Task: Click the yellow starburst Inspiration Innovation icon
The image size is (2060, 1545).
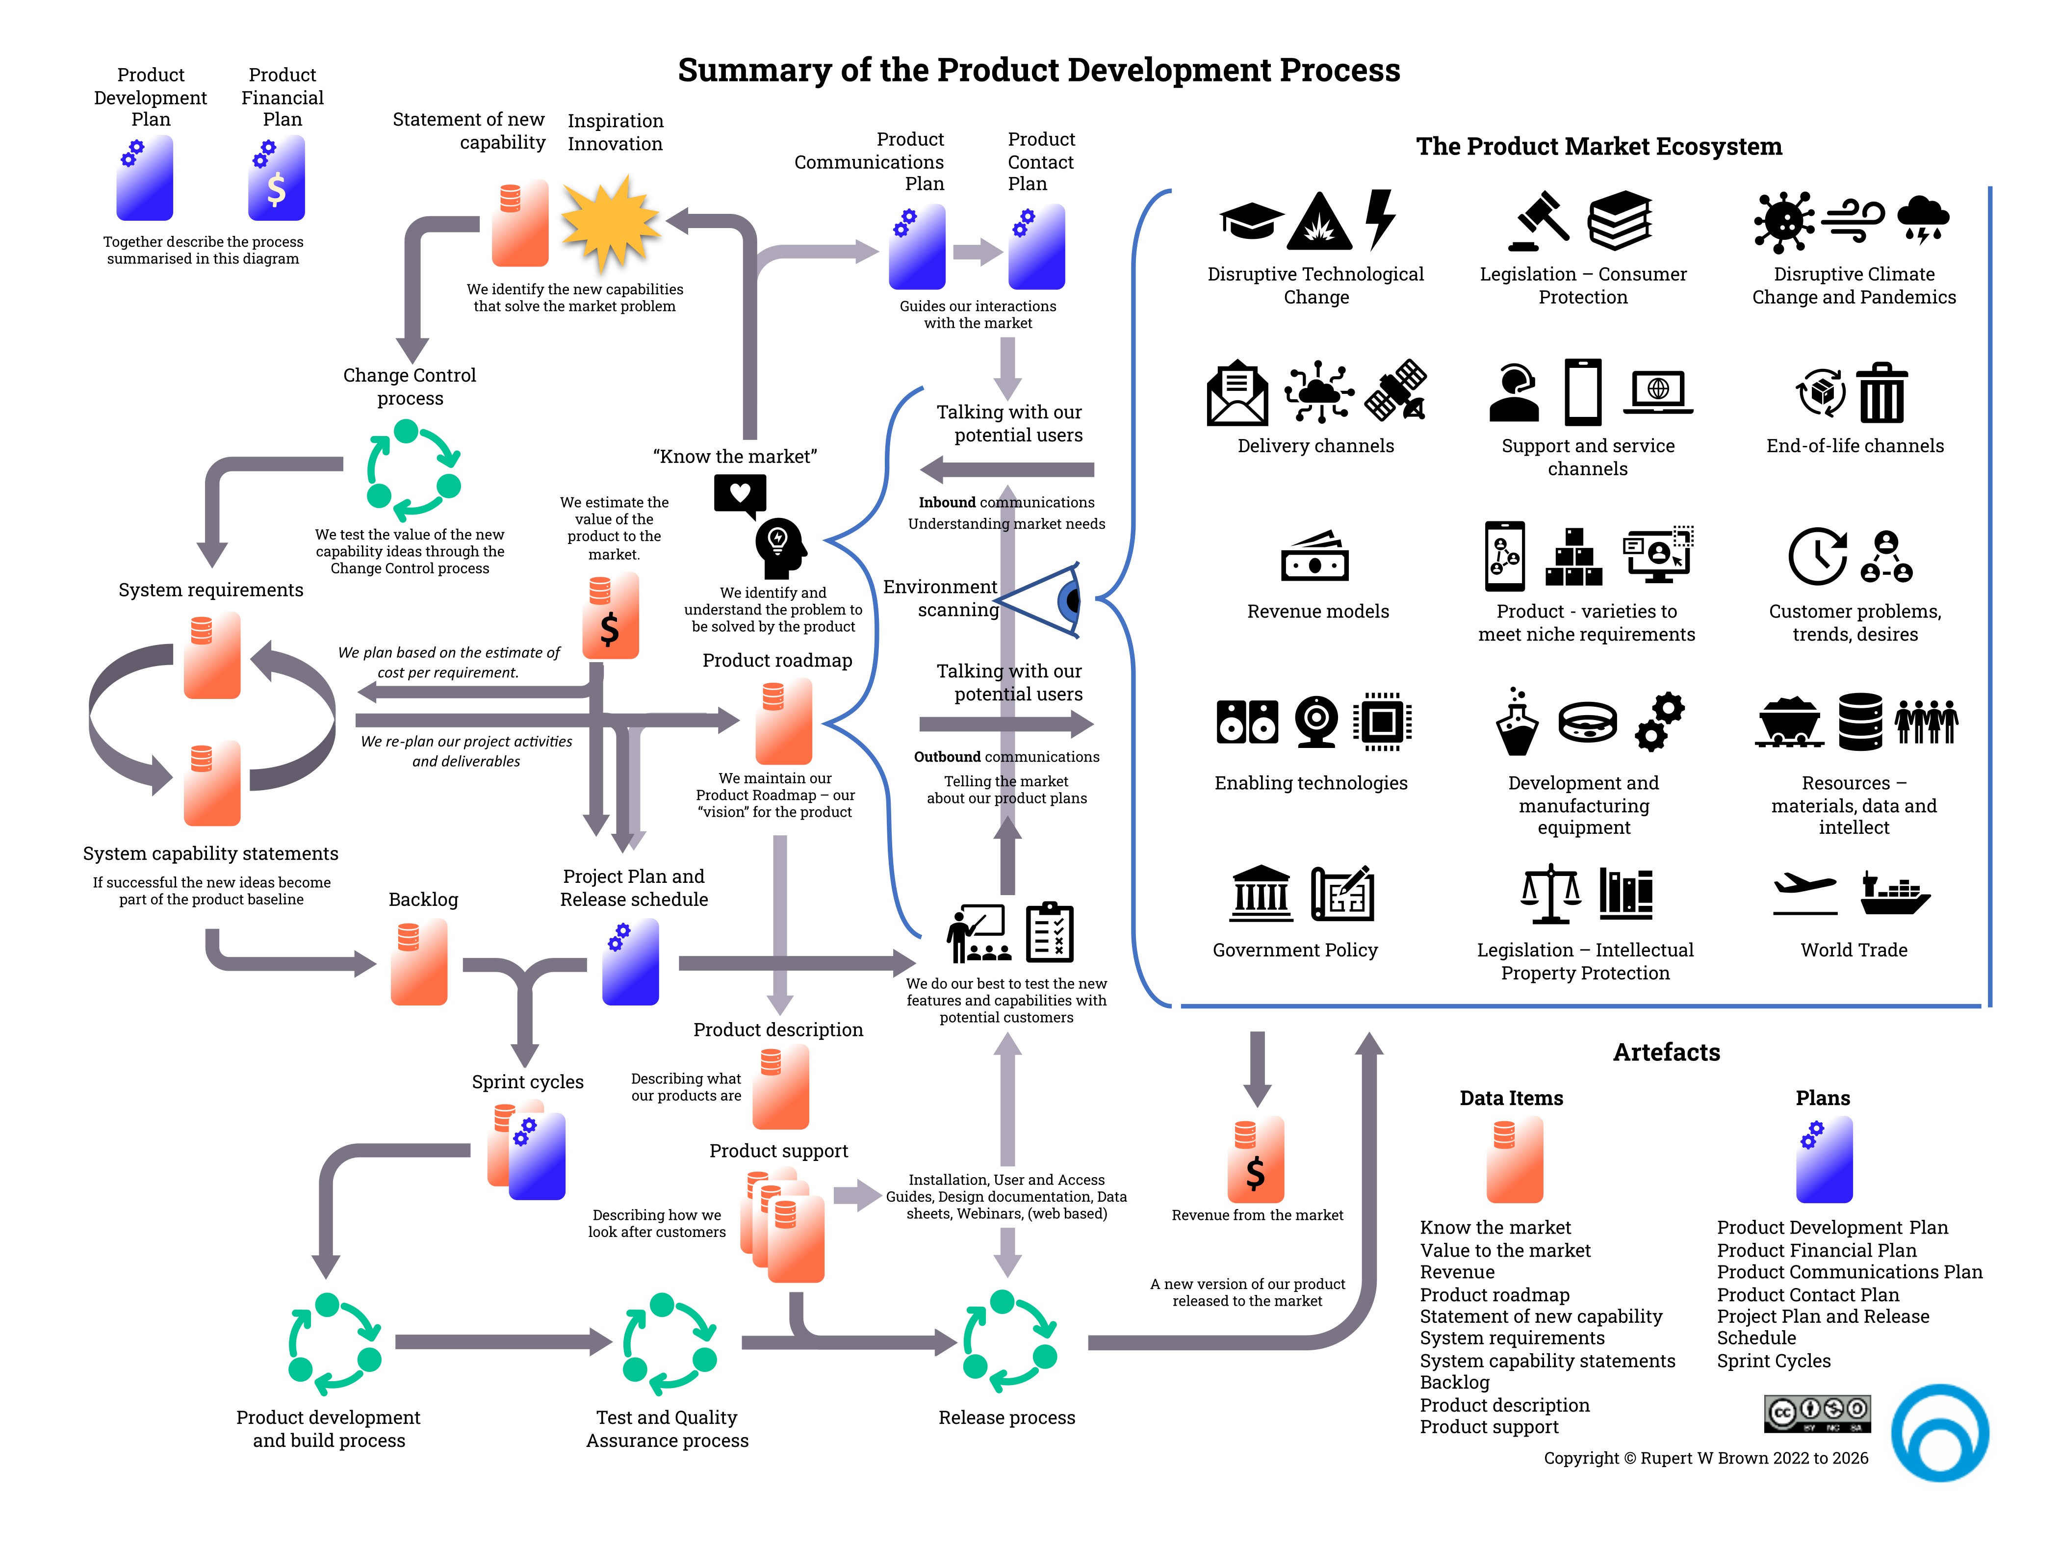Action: pyautogui.click(x=610, y=224)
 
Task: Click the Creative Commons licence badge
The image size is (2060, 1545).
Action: pyautogui.click(x=1817, y=1413)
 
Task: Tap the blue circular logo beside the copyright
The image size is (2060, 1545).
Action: pyautogui.click(x=1940, y=1432)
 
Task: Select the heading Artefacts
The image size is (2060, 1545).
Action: pyautogui.click(x=1666, y=1053)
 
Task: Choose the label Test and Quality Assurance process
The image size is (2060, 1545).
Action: pyautogui.click(x=667, y=1429)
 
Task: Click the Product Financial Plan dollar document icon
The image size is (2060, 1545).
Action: pyautogui.click(x=277, y=179)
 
